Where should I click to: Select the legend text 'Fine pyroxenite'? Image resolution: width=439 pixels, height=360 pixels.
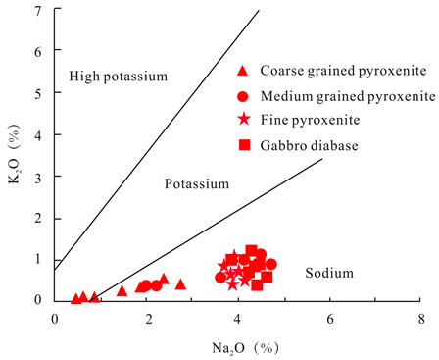(x=311, y=121)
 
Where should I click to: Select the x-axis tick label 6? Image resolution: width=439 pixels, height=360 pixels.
(x=329, y=320)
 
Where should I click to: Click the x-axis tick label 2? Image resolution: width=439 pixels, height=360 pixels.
(x=147, y=320)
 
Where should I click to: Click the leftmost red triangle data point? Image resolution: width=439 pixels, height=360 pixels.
(x=76, y=298)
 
